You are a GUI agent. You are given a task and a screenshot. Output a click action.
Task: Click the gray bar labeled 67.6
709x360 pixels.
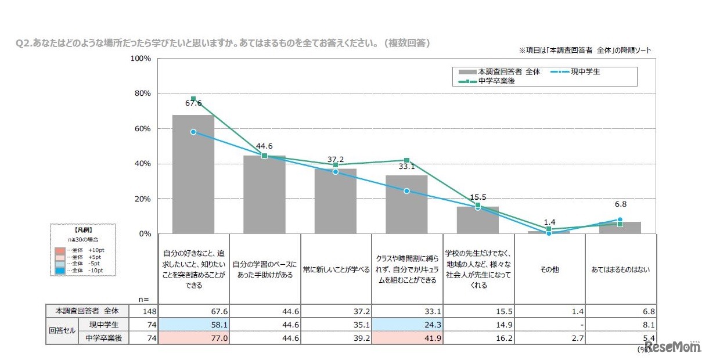193,174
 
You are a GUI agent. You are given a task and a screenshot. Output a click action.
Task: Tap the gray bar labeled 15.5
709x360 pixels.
477,220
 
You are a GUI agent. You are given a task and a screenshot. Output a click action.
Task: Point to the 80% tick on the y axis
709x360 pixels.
142,93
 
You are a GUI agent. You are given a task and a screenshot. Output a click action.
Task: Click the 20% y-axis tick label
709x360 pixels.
142,199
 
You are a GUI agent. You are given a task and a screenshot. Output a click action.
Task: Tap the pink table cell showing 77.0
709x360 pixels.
193,338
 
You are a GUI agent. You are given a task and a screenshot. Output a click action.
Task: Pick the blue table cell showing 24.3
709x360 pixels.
406,325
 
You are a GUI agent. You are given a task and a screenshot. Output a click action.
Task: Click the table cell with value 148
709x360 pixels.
143,311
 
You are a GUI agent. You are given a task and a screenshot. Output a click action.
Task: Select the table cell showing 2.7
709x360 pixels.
550,338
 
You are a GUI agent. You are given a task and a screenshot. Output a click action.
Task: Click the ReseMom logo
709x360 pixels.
674,347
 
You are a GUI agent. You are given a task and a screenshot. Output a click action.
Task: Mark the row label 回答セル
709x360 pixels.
62,331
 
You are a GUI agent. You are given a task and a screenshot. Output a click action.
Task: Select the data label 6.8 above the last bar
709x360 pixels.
620,204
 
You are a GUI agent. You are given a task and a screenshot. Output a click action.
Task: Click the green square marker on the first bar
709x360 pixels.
193,99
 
